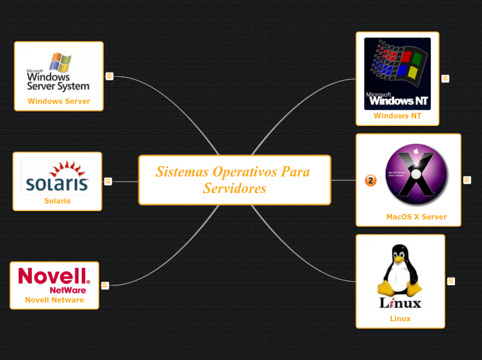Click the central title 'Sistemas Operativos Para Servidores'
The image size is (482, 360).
pyautogui.click(x=234, y=180)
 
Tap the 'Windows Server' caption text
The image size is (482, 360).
pyautogui.click(x=59, y=101)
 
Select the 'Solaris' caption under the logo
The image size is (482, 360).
pyautogui.click(x=57, y=201)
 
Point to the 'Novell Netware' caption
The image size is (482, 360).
pyautogui.click(x=55, y=300)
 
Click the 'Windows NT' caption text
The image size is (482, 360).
pyautogui.click(x=398, y=116)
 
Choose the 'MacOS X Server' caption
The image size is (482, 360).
pyautogui.click(x=416, y=217)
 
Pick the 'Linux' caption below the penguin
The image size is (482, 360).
pyautogui.click(x=400, y=318)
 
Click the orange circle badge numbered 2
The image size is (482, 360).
pyautogui.click(x=371, y=181)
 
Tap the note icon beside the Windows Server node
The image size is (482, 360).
pyautogui.click(x=109, y=76)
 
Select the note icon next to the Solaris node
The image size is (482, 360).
pyautogui.click(x=108, y=181)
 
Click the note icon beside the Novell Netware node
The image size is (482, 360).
pyautogui.click(x=105, y=285)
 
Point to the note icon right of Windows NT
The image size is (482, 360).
pyautogui.click(x=445, y=78)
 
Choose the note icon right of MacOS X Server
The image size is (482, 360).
pyautogui.click(x=467, y=180)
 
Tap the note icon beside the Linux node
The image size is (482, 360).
pyautogui.click(x=451, y=281)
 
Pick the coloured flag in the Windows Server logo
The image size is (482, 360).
pyautogui.click(x=60, y=62)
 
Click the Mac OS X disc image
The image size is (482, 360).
pyautogui.click(x=416, y=174)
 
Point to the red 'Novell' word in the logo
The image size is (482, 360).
pyautogui.click(x=53, y=276)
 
